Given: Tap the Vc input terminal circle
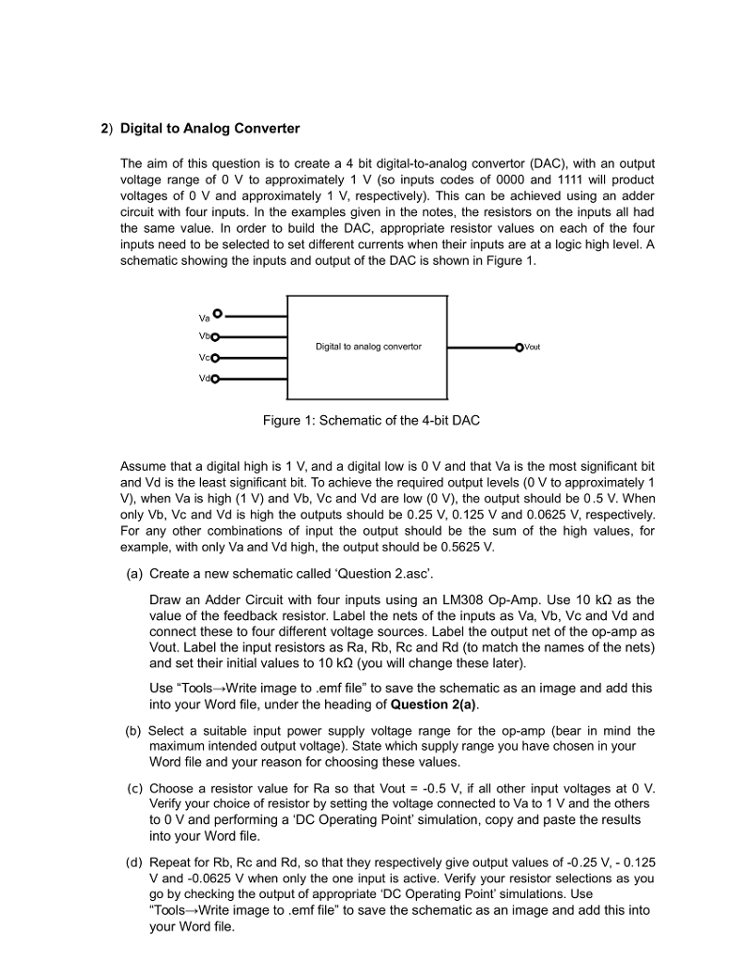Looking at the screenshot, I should [214, 358].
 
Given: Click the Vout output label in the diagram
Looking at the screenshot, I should [531, 347].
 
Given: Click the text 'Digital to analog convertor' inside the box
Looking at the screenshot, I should [368, 347].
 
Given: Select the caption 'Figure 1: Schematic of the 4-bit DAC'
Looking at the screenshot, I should [371, 420].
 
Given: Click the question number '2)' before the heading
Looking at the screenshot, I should [106, 128].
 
